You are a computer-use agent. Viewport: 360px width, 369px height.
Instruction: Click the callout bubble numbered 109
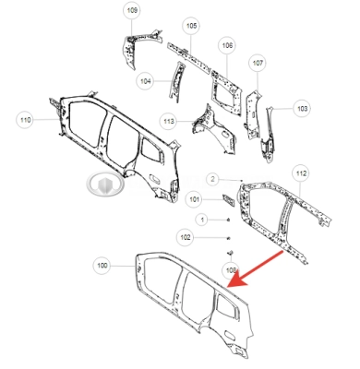[132, 10]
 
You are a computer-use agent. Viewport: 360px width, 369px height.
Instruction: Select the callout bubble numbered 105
[191, 26]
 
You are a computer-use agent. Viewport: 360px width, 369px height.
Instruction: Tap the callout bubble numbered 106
[227, 45]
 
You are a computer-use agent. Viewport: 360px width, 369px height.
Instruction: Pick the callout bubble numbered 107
[258, 63]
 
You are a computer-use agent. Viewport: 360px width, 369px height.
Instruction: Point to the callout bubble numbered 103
[302, 108]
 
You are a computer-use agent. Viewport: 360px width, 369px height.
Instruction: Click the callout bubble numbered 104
[145, 81]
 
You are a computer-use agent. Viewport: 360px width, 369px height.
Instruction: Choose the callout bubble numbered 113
[169, 121]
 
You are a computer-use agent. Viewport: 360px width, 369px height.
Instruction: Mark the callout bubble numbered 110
[25, 120]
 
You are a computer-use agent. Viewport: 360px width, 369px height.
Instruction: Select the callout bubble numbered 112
[301, 173]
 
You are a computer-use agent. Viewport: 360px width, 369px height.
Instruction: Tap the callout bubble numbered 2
[212, 179]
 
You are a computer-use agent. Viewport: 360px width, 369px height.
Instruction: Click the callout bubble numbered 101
[194, 199]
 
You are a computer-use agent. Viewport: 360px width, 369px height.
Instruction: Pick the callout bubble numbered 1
[202, 220]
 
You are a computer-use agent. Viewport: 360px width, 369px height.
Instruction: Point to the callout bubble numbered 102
[186, 237]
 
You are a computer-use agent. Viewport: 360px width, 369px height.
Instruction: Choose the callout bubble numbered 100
[102, 266]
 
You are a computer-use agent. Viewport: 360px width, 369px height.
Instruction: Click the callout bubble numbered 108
[231, 270]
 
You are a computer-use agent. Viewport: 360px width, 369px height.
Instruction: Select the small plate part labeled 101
[229, 200]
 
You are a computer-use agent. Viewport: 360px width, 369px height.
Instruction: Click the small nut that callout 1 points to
[228, 220]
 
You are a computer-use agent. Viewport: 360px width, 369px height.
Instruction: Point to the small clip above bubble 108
[230, 253]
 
